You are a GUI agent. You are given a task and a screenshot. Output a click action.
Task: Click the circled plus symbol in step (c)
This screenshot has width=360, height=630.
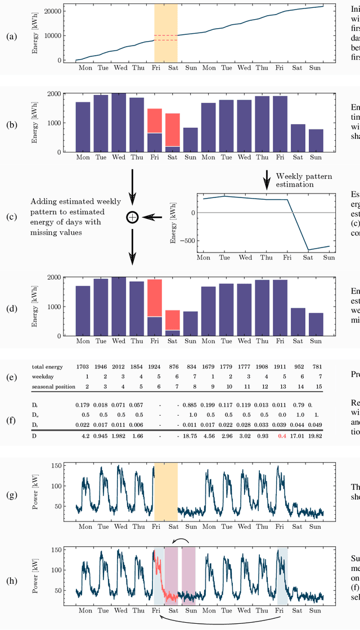coord(132,217)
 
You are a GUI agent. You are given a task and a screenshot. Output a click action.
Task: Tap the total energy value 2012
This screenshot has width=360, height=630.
coord(119,366)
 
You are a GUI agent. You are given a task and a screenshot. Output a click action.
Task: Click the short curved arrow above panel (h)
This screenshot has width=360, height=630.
coord(181,541)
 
